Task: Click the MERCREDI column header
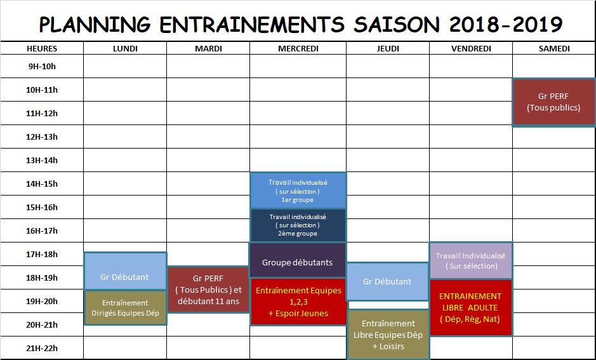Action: (298, 49)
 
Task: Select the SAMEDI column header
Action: (554, 49)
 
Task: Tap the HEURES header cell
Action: (42, 49)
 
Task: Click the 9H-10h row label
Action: (42, 67)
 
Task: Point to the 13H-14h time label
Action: (42, 161)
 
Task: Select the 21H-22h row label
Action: (42, 348)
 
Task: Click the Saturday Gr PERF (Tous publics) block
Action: (554, 102)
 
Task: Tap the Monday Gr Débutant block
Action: (125, 271)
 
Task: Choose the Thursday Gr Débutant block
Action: (388, 281)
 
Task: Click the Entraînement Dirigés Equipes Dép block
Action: (125, 308)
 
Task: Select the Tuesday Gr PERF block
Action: (208, 290)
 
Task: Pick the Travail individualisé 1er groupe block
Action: (298, 190)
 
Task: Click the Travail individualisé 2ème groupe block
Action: (298, 225)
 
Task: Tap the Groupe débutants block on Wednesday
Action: (298, 260)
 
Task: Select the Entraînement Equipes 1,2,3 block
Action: (298, 302)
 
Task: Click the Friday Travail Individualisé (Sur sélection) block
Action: (471, 260)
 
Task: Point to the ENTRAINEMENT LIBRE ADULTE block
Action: (471, 307)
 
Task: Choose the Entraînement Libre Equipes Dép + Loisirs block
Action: (388, 335)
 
